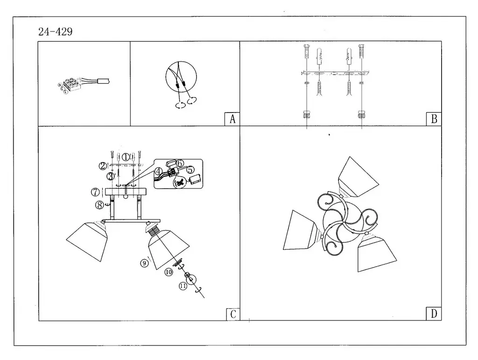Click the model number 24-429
pyautogui.click(x=55, y=32)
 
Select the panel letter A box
pyautogui.click(x=232, y=119)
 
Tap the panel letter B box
pyautogui.click(x=434, y=119)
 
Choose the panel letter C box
pyautogui.click(x=232, y=314)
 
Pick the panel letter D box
pyautogui.click(x=434, y=314)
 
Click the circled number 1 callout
pyautogui.click(x=127, y=157)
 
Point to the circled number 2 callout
pyautogui.click(x=102, y=165)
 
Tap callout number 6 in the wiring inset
pyautogui.click(x=180, y=163)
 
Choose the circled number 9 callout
pyautogui.click(x=144, y=263)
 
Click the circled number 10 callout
pyautogui.click(x=169, y=271)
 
